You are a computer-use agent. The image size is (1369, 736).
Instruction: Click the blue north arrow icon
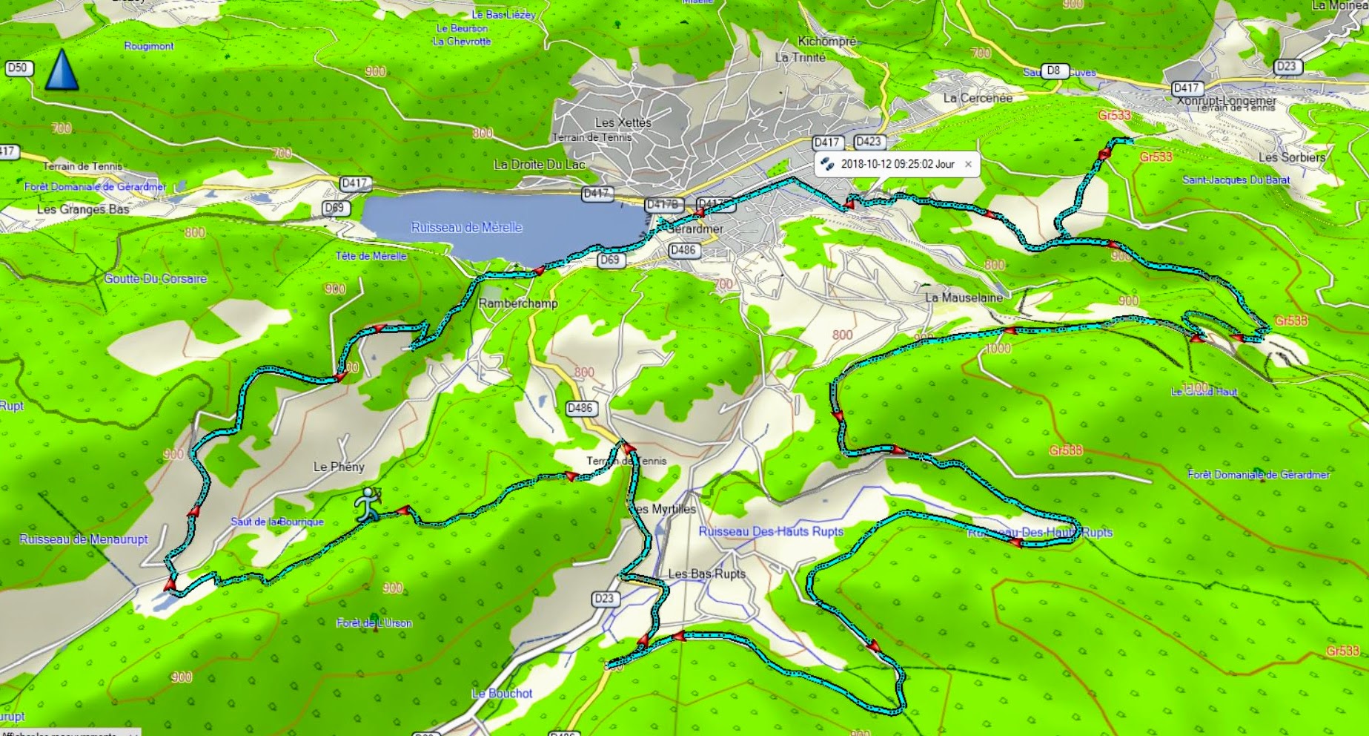pos(62,70)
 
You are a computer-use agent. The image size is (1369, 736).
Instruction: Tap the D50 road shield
pos(16,68)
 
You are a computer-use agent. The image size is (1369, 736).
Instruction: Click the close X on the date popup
pos(968,164)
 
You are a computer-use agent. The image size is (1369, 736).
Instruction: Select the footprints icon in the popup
pos(827,164)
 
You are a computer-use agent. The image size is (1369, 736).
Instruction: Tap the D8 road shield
pos(1053,71)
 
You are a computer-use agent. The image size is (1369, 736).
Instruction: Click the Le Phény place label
pos(339,467)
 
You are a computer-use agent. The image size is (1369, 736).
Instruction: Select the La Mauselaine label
pos(964,298)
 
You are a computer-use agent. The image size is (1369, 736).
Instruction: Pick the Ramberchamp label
pos(518,303)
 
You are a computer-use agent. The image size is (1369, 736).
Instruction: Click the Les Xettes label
pos(623,122)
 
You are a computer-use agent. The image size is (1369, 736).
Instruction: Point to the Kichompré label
pos(826,42)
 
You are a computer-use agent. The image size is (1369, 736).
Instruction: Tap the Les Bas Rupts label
pos(706,574)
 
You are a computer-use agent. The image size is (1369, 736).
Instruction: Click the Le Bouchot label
pos(502,693)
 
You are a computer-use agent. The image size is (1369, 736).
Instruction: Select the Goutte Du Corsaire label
pos(156,279)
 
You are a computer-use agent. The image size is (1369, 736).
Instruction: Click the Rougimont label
pos(149,46)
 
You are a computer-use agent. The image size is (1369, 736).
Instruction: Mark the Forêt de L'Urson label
pos(374,622)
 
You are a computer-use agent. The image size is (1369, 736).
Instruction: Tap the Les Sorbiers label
pos(1291,157)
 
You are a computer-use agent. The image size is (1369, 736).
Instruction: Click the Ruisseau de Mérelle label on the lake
pos(467,227)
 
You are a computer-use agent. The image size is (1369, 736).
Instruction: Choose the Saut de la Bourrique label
pos(277,522)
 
